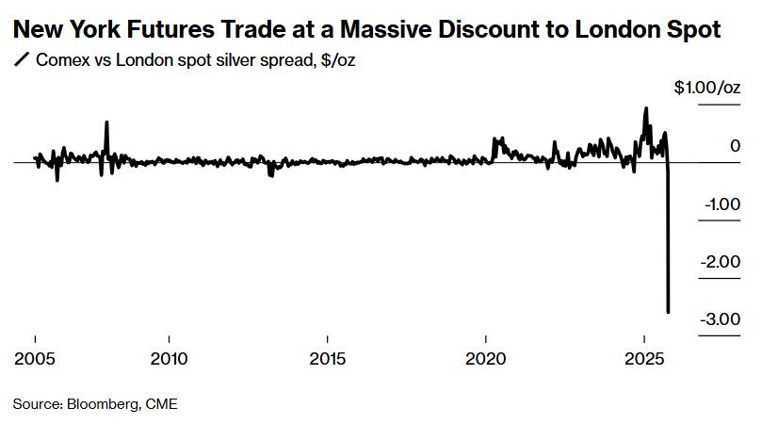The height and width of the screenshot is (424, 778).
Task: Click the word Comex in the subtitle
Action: (61, 60)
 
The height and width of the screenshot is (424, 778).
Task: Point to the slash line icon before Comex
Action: (21, 60)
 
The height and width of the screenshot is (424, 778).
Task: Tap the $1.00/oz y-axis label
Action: (707, 88)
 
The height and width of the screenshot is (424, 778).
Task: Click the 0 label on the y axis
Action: (735, 146)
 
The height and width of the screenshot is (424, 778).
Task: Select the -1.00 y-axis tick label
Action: (721, 204)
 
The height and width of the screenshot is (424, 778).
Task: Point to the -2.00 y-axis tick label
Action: (721, 261)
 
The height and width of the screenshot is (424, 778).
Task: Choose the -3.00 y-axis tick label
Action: (721, 318)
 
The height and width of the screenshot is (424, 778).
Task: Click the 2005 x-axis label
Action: (34, 359)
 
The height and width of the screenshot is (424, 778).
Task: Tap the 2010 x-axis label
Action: (169, 359)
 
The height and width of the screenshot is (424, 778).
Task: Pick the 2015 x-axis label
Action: (327, 359)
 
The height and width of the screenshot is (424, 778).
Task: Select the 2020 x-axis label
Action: (486, 359)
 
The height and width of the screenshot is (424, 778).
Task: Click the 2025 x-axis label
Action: (644, 359)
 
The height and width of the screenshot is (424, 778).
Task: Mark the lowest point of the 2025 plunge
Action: (669, 312)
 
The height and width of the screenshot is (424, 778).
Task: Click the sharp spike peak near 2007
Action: (106, 122)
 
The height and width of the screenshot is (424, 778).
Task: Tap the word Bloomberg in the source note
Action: (101, 404)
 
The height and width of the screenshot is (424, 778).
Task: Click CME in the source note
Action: (160, 404)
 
